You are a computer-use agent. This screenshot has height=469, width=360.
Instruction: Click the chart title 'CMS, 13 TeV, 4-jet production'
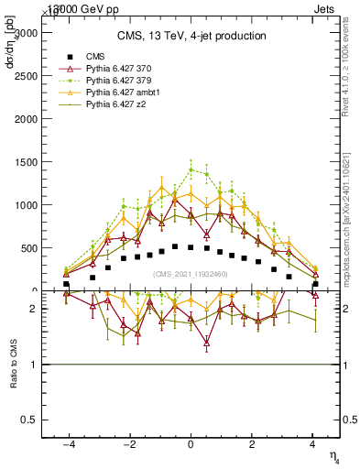(191, 36)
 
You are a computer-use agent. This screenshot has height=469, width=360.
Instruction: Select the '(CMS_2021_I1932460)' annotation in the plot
(191, 274)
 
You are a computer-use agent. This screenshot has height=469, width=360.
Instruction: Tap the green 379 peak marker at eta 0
(191, 169)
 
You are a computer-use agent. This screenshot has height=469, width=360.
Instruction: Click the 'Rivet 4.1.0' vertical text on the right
(349, 73)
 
